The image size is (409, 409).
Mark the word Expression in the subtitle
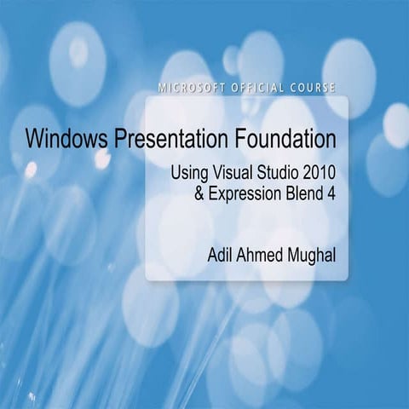[247, 193]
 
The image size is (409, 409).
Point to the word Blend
[305, 192]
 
